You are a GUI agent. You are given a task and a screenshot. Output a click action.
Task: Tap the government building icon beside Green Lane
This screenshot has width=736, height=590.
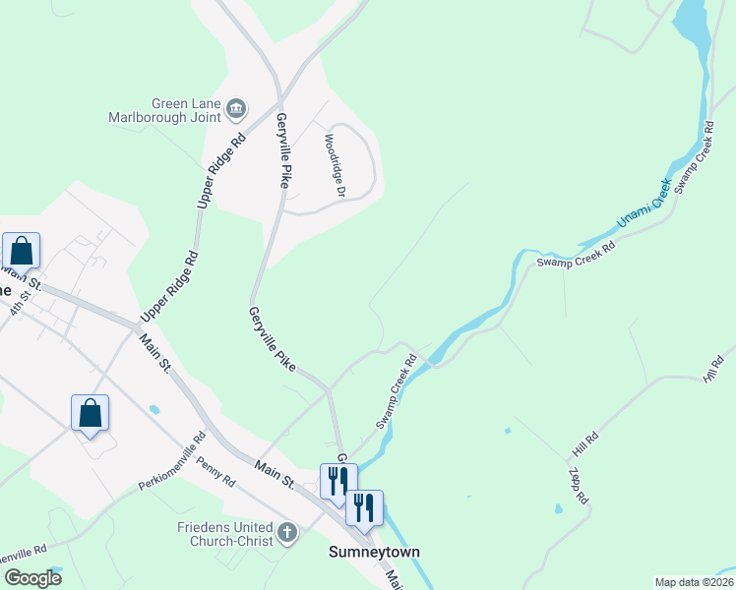pos(236,106)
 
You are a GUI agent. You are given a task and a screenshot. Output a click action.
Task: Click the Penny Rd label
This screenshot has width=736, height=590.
pos(215,471)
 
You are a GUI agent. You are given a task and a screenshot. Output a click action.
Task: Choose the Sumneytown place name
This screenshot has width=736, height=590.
pos(374,553)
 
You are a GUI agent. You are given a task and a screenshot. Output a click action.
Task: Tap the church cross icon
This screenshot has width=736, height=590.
pos(286,534)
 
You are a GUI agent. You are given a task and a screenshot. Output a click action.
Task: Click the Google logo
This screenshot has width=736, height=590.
pos(32,577)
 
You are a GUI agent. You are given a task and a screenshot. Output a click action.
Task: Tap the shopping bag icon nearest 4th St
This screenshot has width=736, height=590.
pos(22,252)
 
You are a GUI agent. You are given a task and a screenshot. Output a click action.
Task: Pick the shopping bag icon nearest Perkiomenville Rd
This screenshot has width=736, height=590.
pos(90,413)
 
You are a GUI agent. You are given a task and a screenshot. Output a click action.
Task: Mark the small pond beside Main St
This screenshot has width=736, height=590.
pos(154,408)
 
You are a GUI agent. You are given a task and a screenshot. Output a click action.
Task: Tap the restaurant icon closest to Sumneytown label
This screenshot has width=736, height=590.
pos(364,507)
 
